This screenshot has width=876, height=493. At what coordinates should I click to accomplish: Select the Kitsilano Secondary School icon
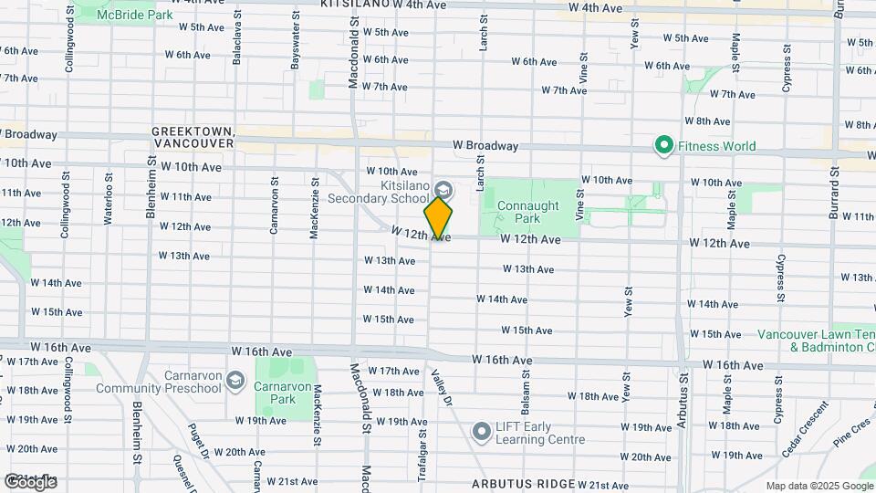pyautogui.click(x=443, y=190)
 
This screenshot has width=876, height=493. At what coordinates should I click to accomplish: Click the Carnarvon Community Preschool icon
pyautogui.click(x=235, y=379)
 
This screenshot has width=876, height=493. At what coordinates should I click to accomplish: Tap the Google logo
pyautogui.click(x=30, y=481)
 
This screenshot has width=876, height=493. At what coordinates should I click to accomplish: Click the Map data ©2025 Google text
pyautogui.click(x=819, y=486)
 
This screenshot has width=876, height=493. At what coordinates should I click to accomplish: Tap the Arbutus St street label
pyautogui.click(x=683, y=393)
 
